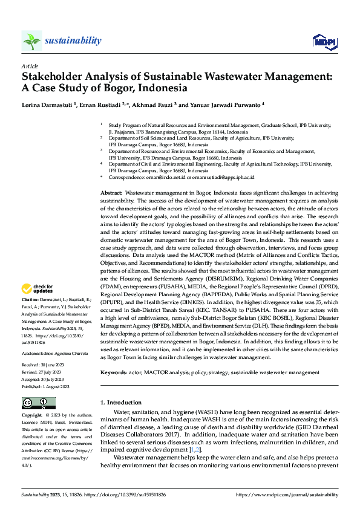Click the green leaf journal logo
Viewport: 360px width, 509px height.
[31, 41]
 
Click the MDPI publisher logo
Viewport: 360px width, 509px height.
[324, 41]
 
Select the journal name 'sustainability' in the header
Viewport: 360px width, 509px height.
[73, 41]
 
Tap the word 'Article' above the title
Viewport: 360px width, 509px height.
[30, 66]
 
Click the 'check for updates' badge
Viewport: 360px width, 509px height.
[38, 288]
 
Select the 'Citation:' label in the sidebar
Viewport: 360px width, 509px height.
[31, 300]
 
